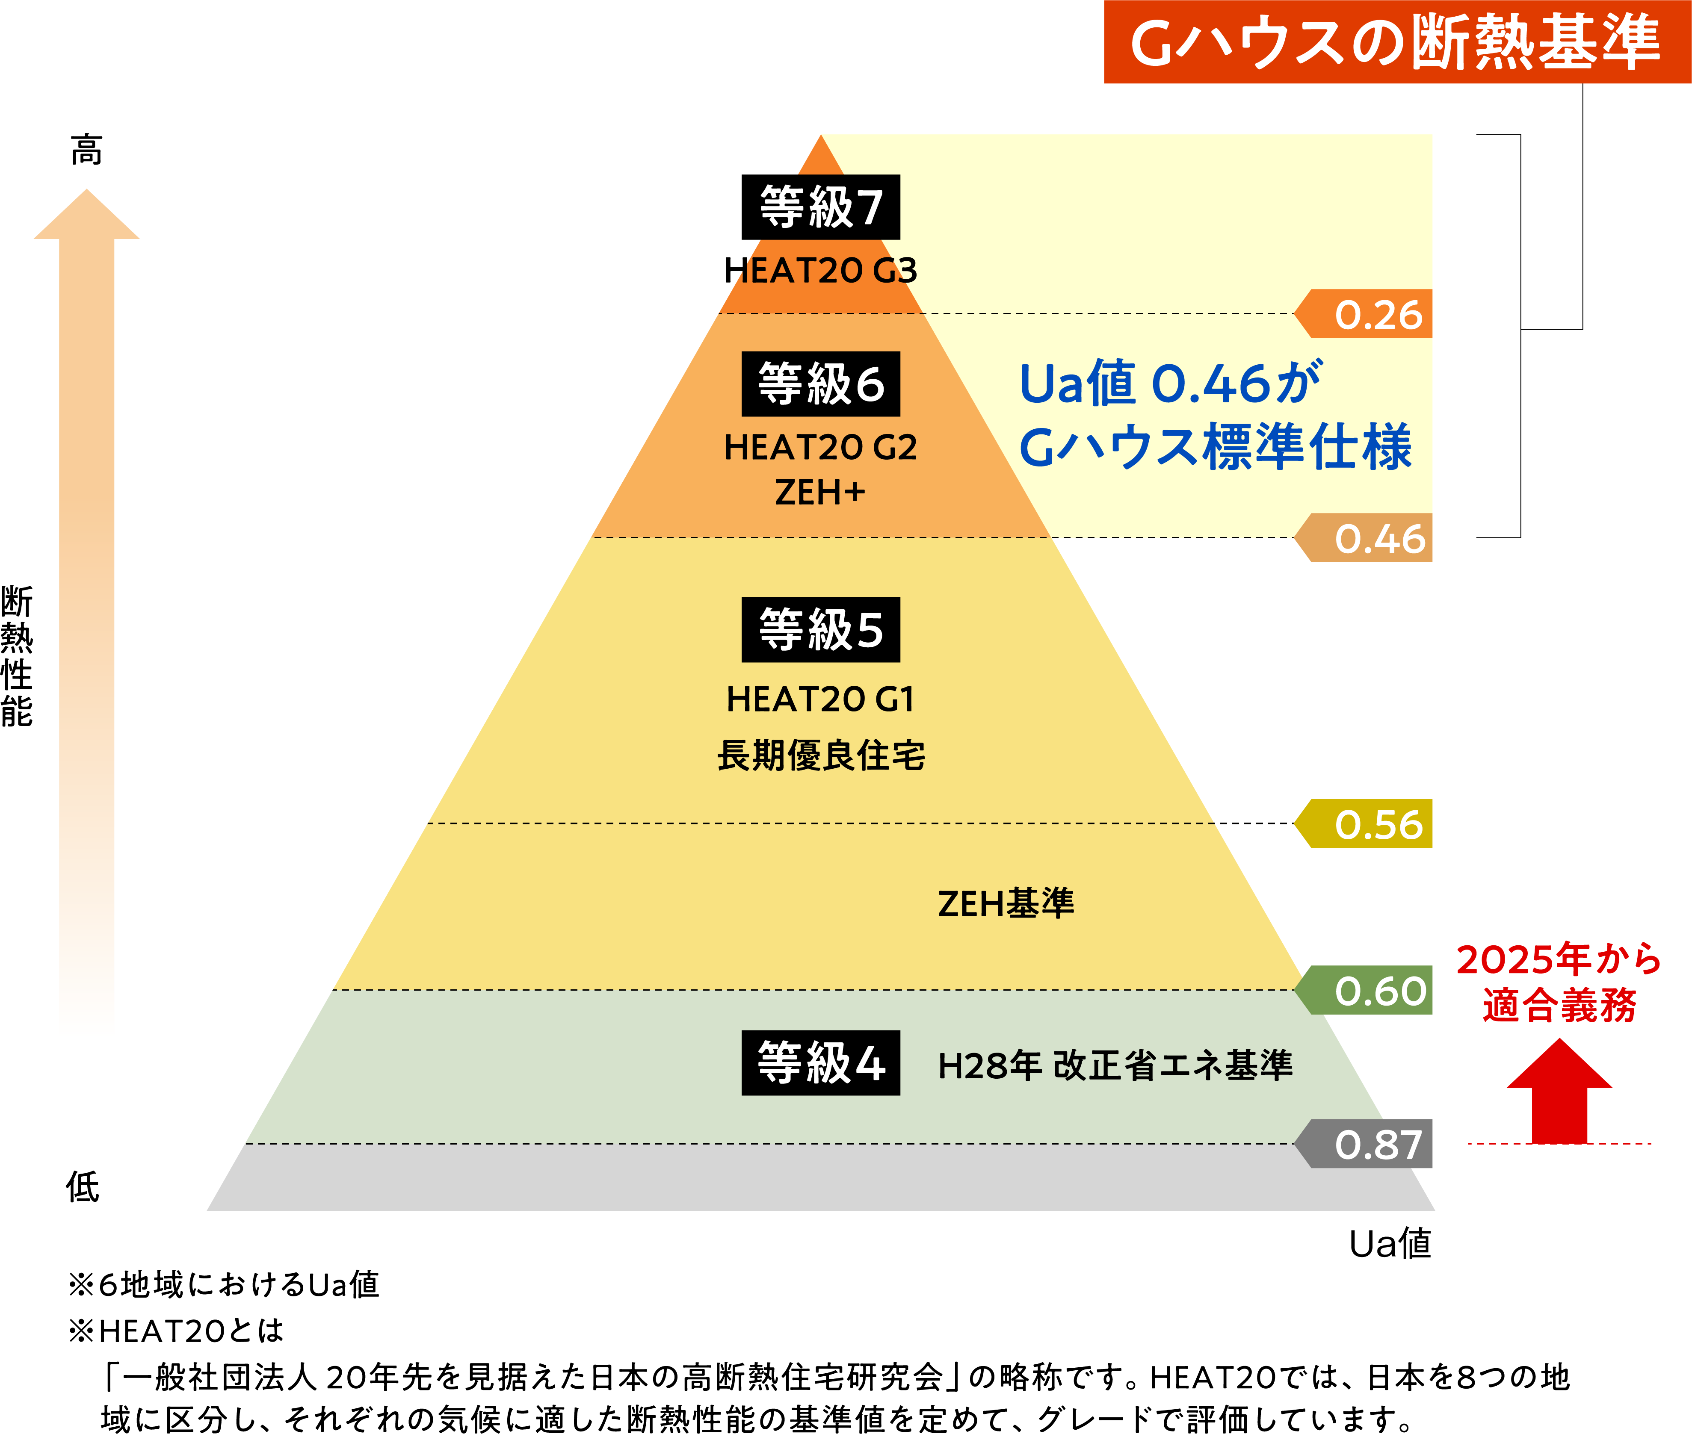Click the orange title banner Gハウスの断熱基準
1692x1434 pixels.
(1397, 41)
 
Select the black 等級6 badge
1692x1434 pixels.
(820, 384)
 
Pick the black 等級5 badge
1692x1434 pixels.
(820, 630)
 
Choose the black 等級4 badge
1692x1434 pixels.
(820, 1062)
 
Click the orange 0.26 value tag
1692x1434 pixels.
(1364, 314)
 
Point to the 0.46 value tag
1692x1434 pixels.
(1364, 537)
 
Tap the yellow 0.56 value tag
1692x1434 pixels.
(1364, 823)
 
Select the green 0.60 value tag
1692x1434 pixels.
(1364, 990)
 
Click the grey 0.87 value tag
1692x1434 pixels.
(1364, 1144)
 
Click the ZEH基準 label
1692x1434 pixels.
(1006, 903)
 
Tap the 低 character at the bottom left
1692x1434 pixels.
(83, 1187)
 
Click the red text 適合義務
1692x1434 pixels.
(1559, 1005)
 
